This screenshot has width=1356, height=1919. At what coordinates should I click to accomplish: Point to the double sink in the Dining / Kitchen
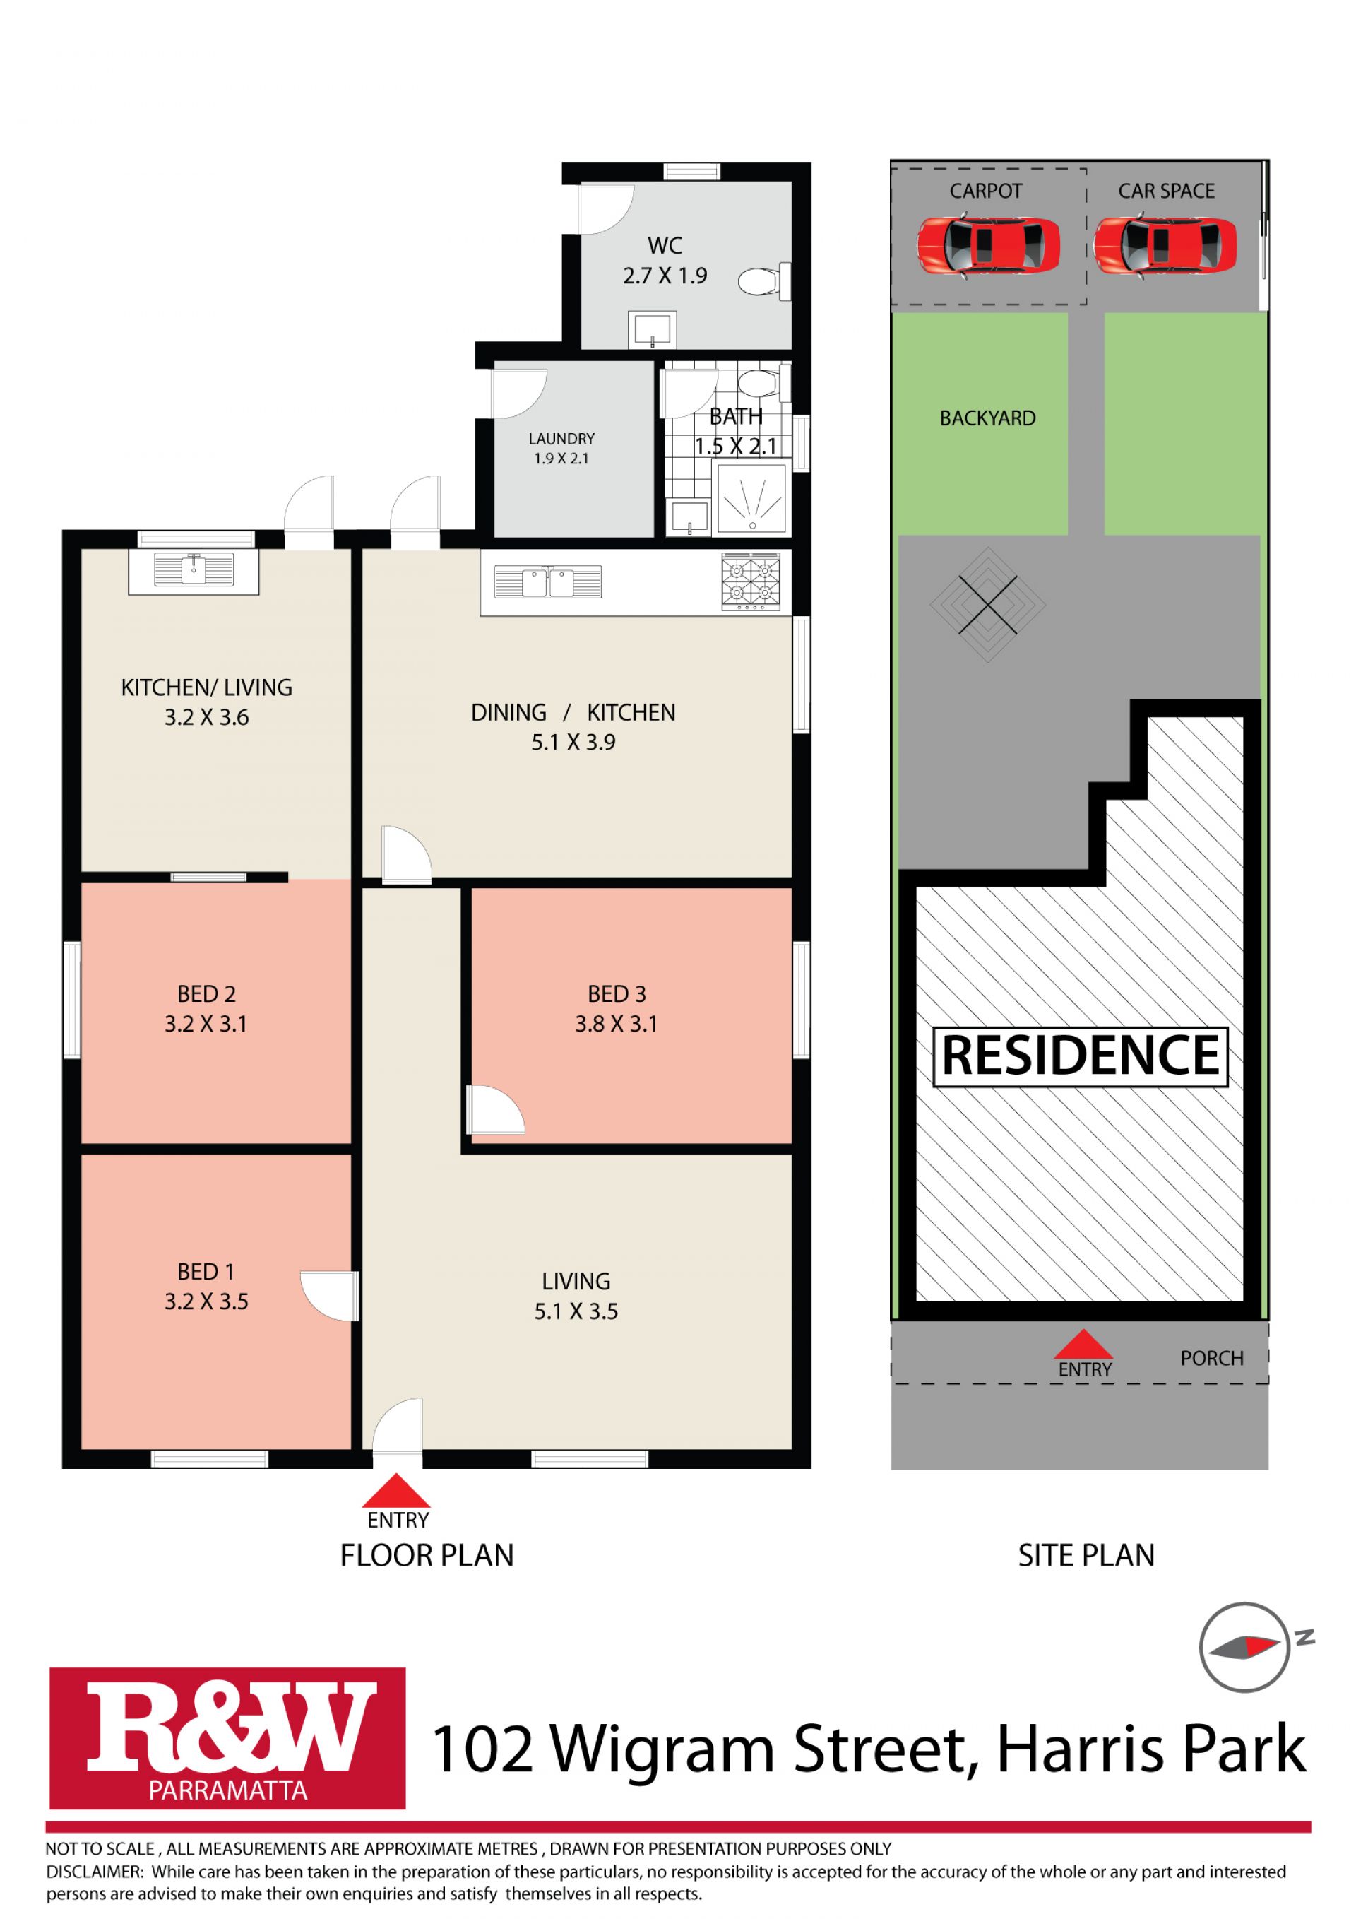547,581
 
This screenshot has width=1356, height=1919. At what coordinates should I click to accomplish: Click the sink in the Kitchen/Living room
194,570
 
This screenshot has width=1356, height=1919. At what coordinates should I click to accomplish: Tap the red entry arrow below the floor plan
398,1490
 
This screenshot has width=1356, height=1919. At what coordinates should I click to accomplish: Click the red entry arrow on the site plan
1083,1344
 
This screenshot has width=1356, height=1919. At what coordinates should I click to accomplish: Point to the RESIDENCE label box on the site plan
1081,1056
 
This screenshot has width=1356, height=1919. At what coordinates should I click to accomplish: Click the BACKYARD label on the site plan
987,418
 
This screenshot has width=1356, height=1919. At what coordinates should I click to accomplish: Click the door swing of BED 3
496,1109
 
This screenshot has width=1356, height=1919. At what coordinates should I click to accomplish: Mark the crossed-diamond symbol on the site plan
987,604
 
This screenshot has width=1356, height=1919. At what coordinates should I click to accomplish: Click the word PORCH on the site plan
1211,1358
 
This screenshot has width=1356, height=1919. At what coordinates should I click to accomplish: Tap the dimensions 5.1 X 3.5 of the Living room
576,1311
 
